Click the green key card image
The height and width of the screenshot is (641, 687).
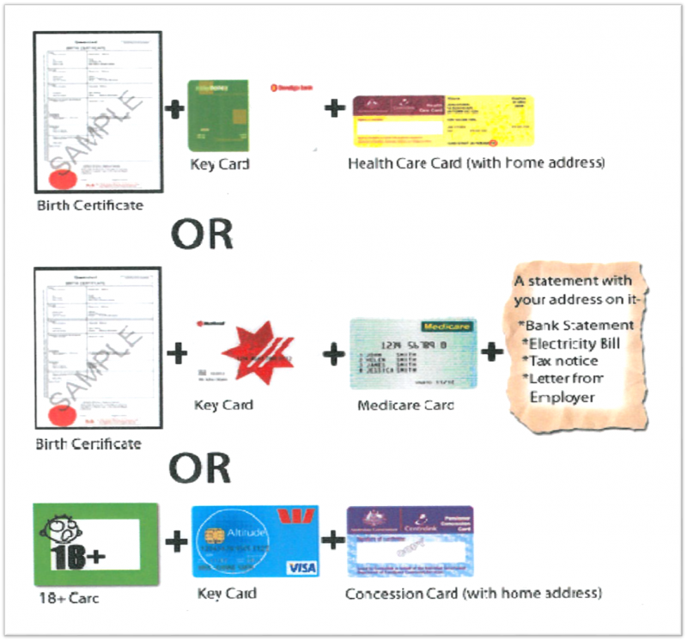218,114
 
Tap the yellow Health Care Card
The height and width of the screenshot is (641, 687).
443,121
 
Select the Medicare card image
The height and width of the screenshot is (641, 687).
412,354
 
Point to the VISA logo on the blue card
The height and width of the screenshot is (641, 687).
301,566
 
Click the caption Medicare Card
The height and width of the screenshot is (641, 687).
406,405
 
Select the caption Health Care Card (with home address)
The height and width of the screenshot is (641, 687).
476,162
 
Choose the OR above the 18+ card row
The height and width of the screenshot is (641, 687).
199,467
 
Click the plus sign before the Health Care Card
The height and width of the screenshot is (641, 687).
335,109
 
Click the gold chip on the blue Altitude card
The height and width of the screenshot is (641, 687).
214,536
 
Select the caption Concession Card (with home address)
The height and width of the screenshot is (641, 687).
473,593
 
